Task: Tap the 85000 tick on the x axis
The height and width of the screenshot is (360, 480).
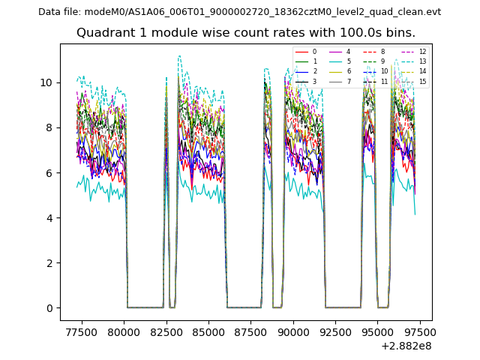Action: (208, 331)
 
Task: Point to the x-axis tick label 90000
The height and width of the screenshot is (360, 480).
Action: (292, 331)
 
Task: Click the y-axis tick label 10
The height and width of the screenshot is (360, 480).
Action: (46, 82)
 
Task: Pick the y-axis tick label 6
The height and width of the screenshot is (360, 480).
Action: (49, 172)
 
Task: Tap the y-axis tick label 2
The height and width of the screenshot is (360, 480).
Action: (49, 263)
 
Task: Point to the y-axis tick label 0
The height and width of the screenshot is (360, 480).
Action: (49, 308)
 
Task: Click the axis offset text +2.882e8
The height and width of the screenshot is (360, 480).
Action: (406, 346)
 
